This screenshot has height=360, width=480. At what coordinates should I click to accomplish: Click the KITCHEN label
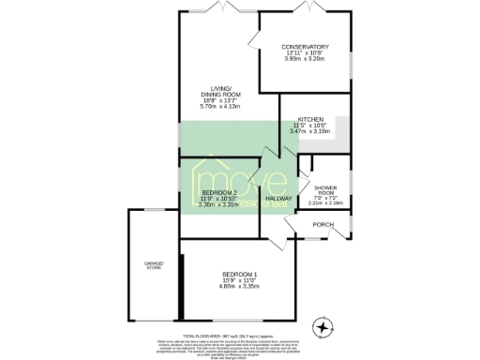click(310, 120)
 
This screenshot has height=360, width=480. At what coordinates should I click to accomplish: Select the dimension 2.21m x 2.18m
click(326, 202)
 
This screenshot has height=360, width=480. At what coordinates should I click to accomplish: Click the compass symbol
click(324, 327)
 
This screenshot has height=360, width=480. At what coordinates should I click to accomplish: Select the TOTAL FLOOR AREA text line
click(240, 335)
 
